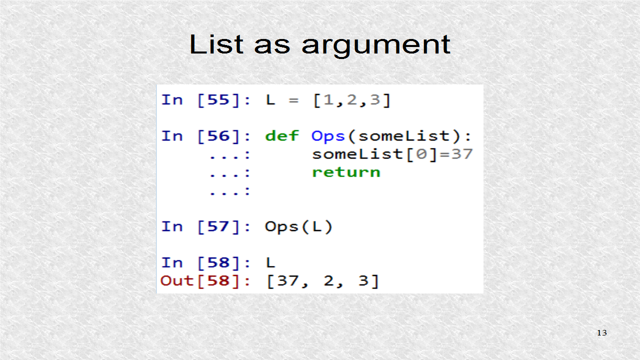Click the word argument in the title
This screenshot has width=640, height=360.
tap(376, 45)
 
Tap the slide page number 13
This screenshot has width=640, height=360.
tap(601, 333)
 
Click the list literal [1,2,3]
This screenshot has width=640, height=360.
tap(351, 100)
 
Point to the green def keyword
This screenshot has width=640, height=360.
tap(282, 136)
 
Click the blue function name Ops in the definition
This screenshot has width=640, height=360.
tap(328, 136)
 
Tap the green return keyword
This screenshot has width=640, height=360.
tap(346, 172)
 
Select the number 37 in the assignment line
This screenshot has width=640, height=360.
tap(462, 154)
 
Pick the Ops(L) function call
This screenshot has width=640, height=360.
tap(298, 227)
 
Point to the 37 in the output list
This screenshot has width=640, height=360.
tap(288, 281)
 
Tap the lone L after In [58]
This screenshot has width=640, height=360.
tap(270, 263)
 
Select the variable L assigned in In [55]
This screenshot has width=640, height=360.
tap(270, 100)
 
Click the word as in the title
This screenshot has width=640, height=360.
tap(271, 45)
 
